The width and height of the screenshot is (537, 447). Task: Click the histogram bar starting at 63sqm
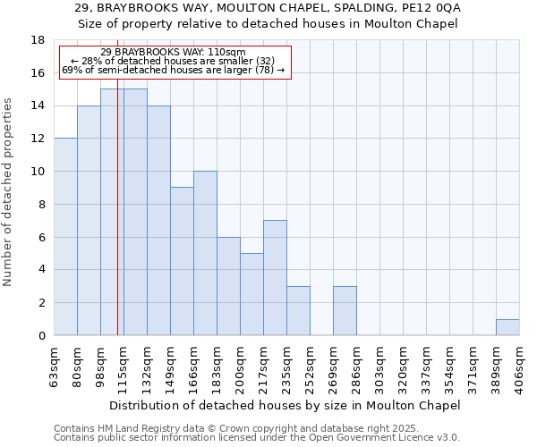65,237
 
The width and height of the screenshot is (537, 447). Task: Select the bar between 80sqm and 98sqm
89,221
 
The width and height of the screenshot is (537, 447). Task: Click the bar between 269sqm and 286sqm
345,311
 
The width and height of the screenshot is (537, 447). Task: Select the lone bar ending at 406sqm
507,327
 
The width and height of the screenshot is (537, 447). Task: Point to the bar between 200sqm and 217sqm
251,294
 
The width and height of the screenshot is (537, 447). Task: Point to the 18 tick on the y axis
38,40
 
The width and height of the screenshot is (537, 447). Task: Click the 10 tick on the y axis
38,172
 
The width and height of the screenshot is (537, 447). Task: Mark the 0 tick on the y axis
41,335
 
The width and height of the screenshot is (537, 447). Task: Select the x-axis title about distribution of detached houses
290,405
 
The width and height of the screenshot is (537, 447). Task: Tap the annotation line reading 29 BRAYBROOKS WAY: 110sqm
173,53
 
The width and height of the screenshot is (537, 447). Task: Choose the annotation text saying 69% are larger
173,70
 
